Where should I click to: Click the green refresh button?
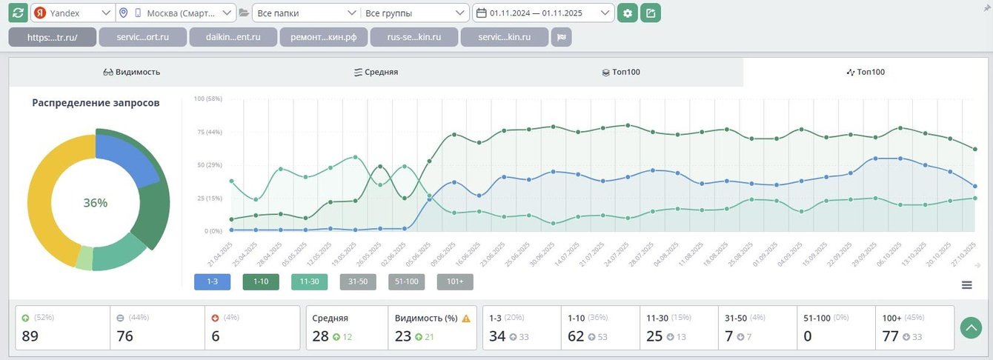pos(19,13)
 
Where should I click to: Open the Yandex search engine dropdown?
pos(73,13)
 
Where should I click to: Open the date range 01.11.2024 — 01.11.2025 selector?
pos(543,13)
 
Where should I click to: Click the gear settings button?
pos(628,13)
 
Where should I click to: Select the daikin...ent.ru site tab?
pos(233,37)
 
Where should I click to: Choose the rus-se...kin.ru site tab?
pos(414,37)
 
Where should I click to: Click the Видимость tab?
pos(131,72)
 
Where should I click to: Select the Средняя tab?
pos(376,72)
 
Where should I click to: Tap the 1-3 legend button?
pos(212,281)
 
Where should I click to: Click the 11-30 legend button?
pos(310,281)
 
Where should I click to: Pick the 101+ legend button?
pos(455,281)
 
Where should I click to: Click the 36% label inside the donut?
pos(95,203)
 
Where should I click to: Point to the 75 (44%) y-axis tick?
pos(207,132)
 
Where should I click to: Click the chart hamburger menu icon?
pos(966,285)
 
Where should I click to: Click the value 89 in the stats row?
pos(30,336)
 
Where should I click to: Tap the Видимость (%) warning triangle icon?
pos(466,319)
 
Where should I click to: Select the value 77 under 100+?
pos(890,336)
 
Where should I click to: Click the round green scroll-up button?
pos(970,327)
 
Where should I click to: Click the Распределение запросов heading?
pos(96,103)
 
